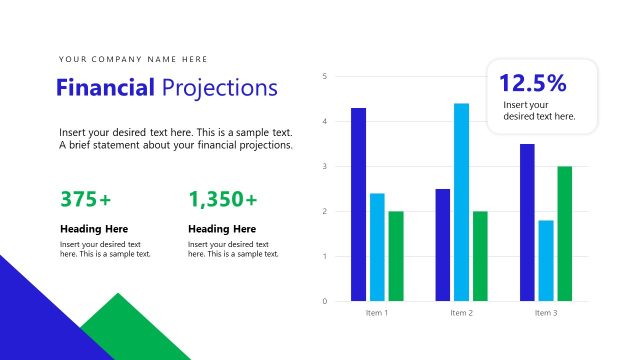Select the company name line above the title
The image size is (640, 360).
click(x=133, y=59)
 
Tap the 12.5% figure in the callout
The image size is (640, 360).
click(x=532, y=83)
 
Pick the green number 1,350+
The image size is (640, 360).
click(x=222, y=199)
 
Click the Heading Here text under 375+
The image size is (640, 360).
click(x=94, y=229)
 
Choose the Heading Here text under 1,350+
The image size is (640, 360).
click(x=222, y=229)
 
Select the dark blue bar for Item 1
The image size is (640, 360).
click(x=358, y=204)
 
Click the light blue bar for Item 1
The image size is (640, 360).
click(x=377, y=247)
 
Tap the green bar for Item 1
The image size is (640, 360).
click(x=396, y=256)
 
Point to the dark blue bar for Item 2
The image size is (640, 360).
click(x=442, y=244)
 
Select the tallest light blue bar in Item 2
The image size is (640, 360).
click(x=461, y=202)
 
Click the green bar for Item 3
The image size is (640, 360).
click(x=565, y=233)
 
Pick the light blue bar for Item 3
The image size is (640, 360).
click(x=546, y=260)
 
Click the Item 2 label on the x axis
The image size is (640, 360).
click(x=461, y=313)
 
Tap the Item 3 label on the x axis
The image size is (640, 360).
click(x=546, y=313)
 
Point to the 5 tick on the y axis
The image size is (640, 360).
click(x=325, y=76)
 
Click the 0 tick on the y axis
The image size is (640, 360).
click(x=325, y=301)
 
